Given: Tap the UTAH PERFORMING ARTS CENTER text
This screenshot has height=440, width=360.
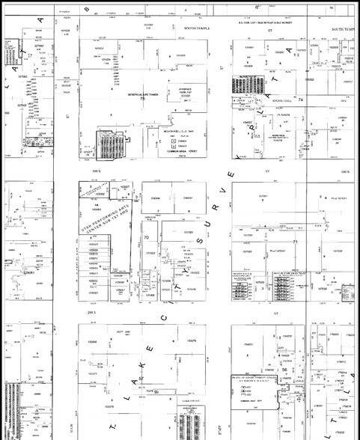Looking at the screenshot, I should tap(104, 224).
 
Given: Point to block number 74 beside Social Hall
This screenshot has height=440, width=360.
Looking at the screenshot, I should tap(301, 99).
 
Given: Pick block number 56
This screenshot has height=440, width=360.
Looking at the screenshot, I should tap(285, 369).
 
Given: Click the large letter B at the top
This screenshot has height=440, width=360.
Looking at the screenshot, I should tap(86, 10).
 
